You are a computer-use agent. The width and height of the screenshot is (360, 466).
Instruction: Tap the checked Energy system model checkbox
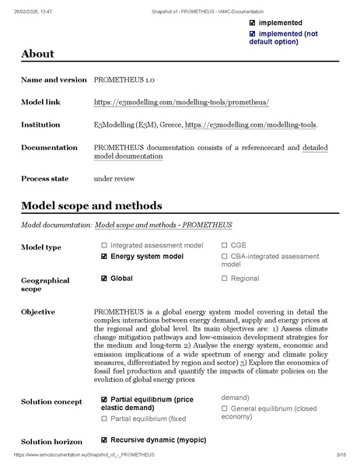click(104, 256)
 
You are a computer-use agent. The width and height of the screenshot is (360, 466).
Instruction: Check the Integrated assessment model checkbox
click(104, 245)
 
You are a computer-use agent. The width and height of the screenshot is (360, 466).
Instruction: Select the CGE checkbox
click(225, 245)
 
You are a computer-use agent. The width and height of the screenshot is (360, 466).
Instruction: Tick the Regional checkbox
click(225, 278)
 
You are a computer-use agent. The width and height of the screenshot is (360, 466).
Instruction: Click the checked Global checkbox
click(104, 278)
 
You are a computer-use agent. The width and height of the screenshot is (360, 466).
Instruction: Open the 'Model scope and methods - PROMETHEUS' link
click(163, 225)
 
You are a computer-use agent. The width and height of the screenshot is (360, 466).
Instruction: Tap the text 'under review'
click(114, 178)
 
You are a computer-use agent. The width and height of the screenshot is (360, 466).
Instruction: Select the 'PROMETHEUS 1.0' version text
click(121, 80)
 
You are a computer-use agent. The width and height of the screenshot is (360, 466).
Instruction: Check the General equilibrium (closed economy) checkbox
click(225, 407)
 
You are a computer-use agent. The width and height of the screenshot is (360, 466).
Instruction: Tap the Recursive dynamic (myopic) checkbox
click(104, 440)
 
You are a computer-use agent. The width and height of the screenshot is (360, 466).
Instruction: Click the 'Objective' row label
click(38, 312)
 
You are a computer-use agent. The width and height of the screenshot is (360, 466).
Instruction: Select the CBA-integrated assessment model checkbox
click(225, 256)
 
